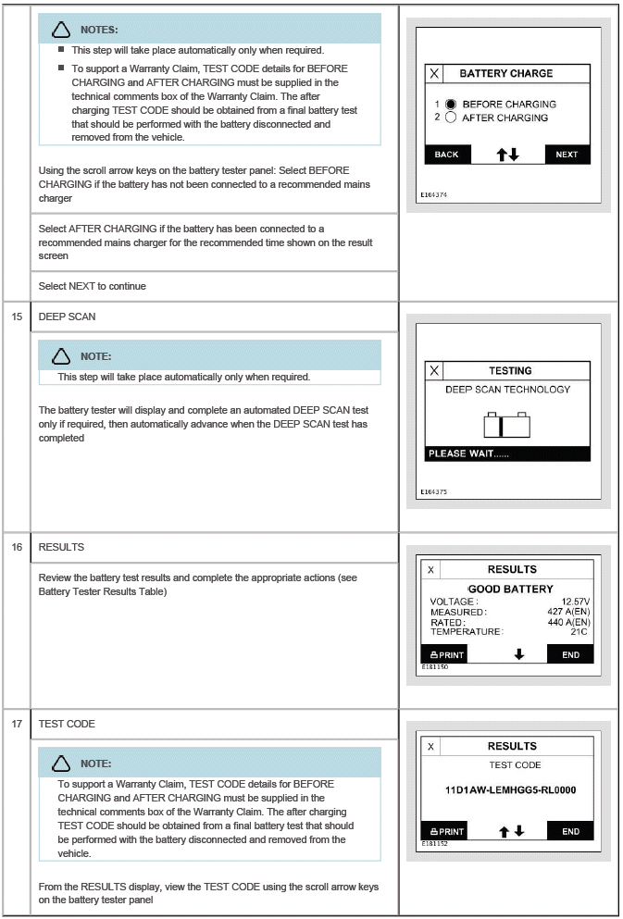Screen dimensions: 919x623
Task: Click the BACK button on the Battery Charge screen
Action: [446, 155]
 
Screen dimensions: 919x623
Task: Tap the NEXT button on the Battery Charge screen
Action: [567, 155]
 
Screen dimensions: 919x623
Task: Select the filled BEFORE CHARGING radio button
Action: [451, 105]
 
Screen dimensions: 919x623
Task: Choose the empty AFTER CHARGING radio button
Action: [451, 118]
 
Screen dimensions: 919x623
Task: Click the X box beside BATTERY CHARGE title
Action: [434, 74]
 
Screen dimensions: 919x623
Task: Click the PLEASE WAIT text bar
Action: [507, 454]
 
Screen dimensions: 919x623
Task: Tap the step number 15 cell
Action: [16, 317]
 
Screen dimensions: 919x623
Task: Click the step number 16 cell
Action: [16, 547]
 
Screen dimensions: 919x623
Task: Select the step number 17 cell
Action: [16, 724]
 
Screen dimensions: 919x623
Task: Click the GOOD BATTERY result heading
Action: [510, 589]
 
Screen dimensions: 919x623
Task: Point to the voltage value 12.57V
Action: [575, 602]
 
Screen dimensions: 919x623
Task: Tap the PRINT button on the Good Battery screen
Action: [443, 654]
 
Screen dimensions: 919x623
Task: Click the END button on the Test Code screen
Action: [570, 831]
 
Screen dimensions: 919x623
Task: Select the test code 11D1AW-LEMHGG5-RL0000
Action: [510, 790]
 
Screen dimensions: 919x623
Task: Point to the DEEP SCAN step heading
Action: [67, 317]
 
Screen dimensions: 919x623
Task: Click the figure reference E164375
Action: [433, 492]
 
